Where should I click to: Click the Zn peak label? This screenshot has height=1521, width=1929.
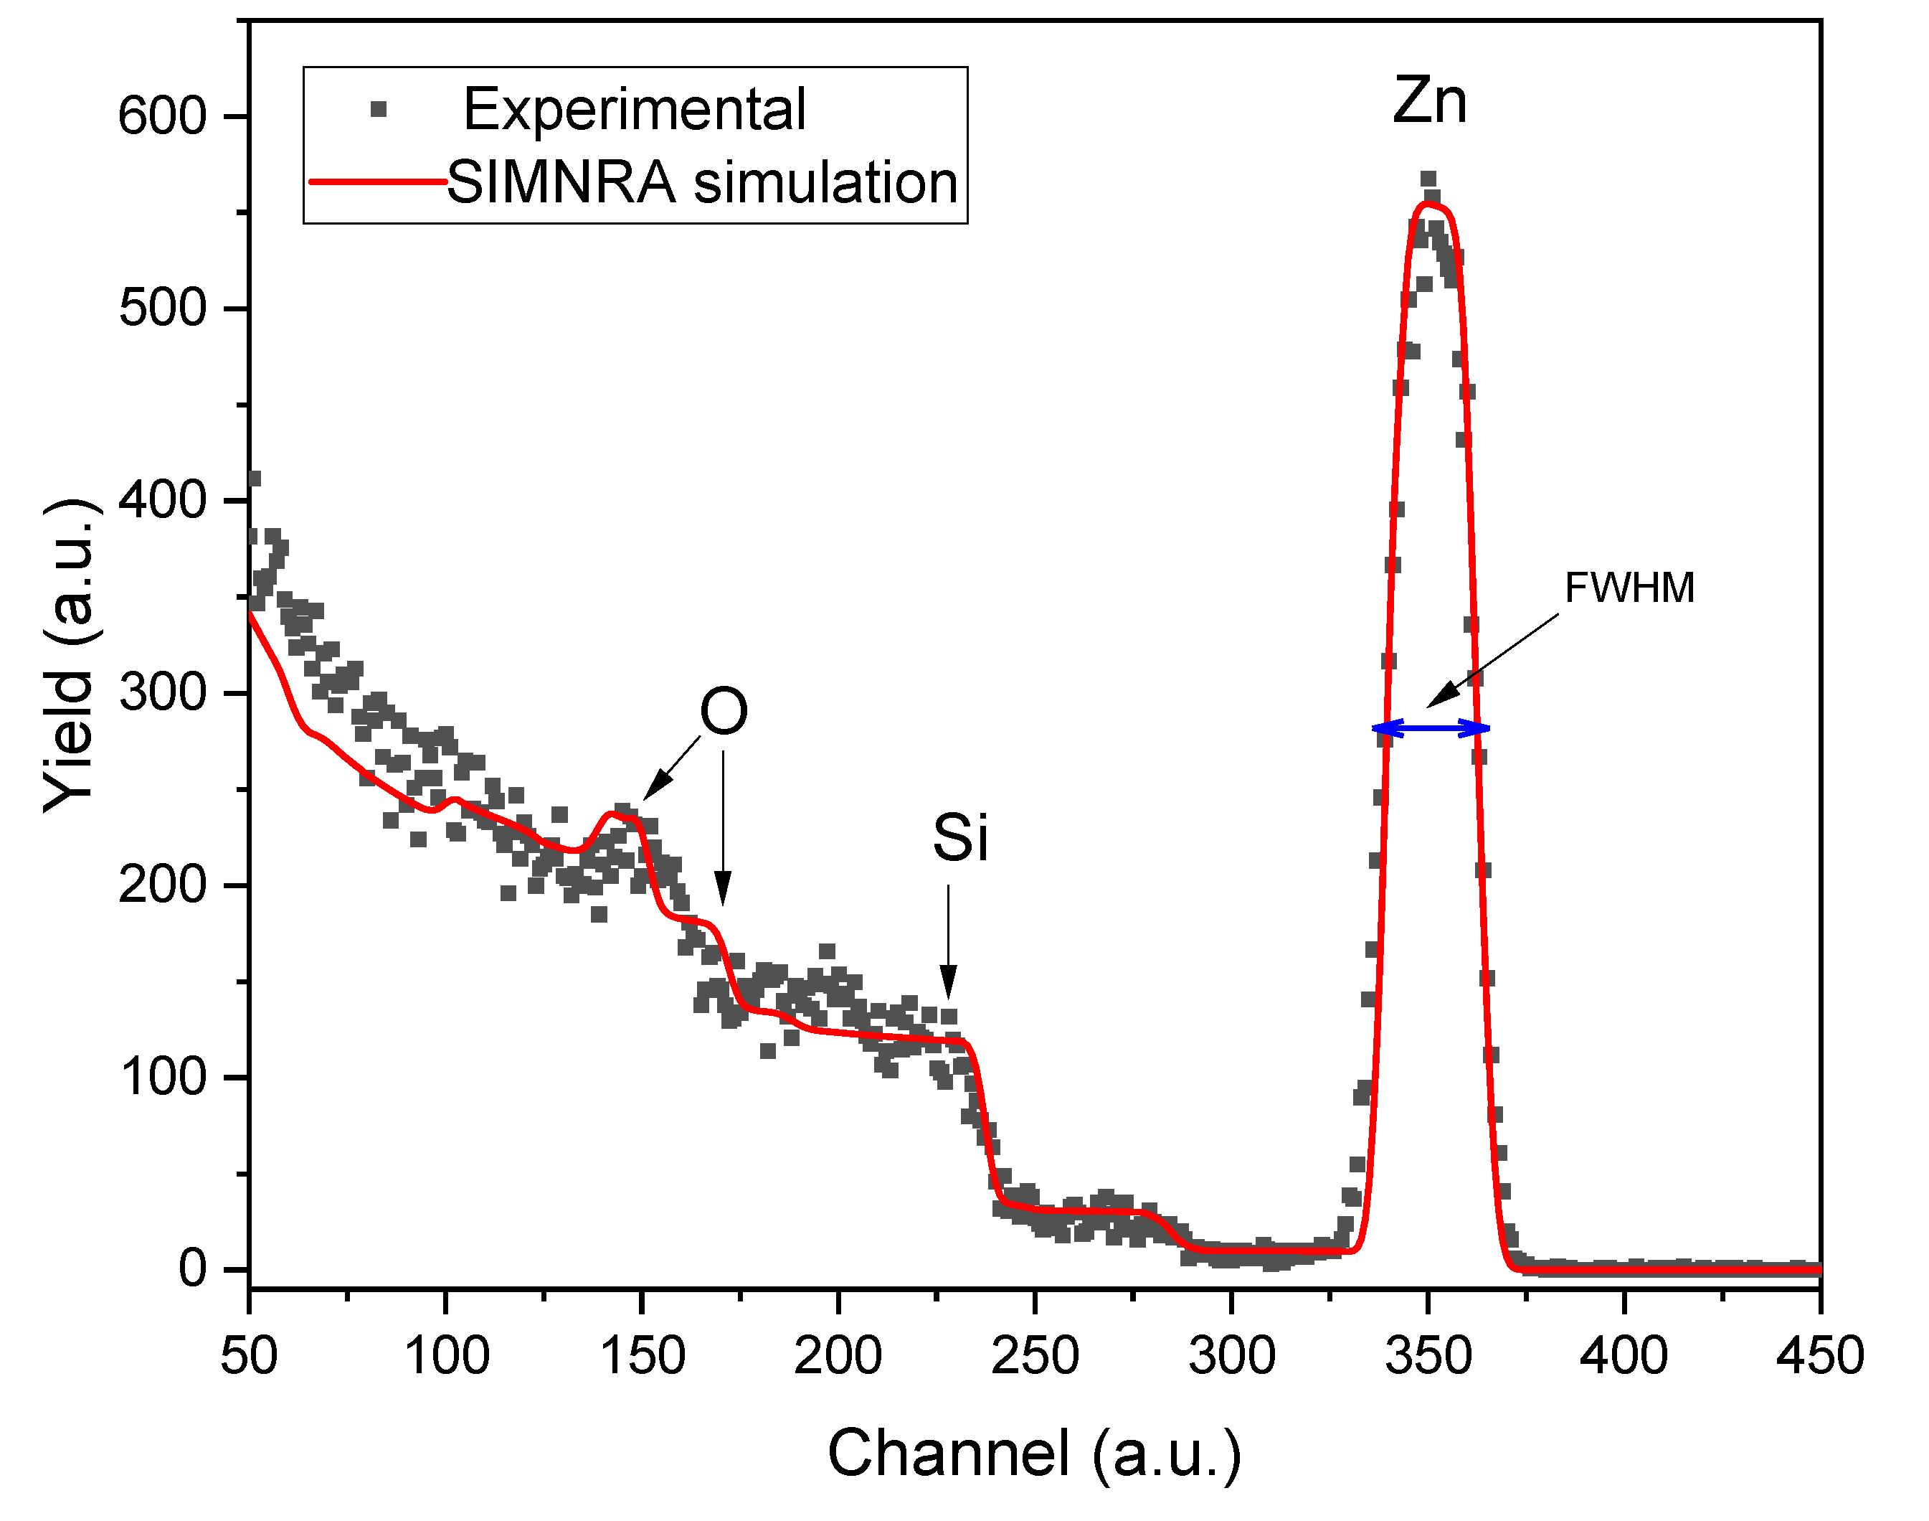pyautogui.click(x=1430, y=101)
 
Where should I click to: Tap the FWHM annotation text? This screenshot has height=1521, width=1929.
pyautogui.click(x=1629, y=588)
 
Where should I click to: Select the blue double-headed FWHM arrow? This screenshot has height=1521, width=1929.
pyautogui.click(x=1431, y=728)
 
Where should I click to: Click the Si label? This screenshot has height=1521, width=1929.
pyautogui.click(x=959, y=838)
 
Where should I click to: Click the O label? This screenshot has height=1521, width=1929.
pyautogui.click(x=723, y=712)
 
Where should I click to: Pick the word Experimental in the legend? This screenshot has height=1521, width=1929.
pyautogui.click(x=635, y=110)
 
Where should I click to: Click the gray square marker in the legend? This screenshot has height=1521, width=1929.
pyautogui.click(x=379, y=110)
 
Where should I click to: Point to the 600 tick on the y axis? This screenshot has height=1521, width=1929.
pyautogui.click(x=162, y=117)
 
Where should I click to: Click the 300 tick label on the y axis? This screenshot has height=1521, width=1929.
pyautogui.click(x=162, y=693)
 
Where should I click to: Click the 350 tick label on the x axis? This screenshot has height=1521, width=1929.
pyautogui.click(x=1428, y=1356)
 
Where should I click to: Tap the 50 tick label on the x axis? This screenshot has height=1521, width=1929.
pyautogui.click(x=250, y=1356)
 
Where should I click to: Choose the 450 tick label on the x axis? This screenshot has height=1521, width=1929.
pyautogui.click(x=1819, y=1356)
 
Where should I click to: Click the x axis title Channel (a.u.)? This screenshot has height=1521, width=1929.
pyautogui.click(x=1034, y=1454)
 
